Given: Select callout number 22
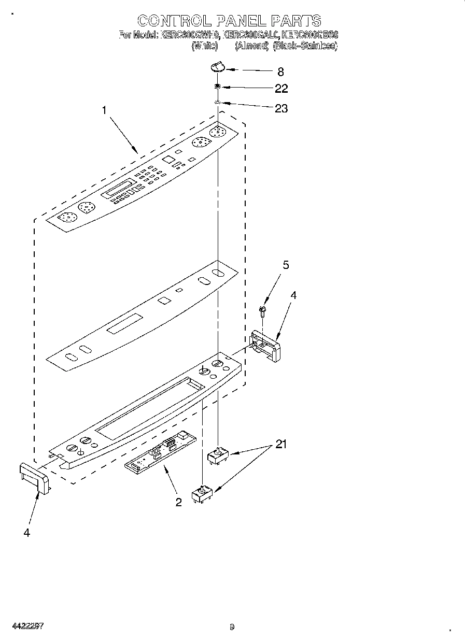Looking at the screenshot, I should [281, 89].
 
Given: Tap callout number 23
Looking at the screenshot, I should [281, 108].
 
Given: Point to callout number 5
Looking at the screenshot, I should [285, 265].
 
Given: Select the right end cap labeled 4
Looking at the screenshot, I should [265, 345].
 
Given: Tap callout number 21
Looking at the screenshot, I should [280, 444].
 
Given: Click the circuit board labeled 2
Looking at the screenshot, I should [161, 451].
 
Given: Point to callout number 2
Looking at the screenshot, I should [178, 502].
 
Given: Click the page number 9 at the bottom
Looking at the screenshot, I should [232, 627].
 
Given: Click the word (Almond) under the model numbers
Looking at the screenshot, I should [252, 46].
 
